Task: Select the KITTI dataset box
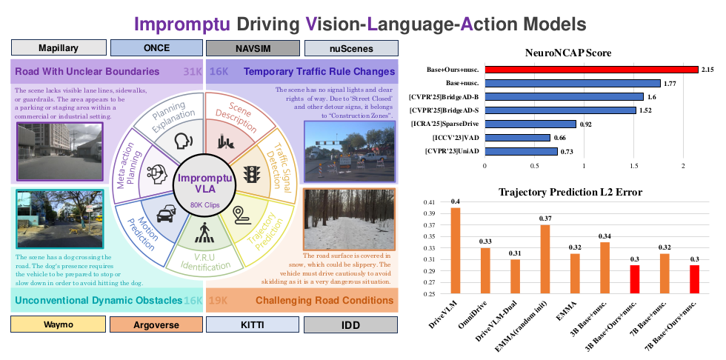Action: pyautogui.click(x=253, y=324)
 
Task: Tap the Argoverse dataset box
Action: pyautogui.click(x=156, y=324)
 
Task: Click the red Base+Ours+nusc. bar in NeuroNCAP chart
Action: pyautogui.click(x=591, y=70)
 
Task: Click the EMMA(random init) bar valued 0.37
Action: pyautogui.click(x=544, y=259)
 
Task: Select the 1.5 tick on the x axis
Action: pyautogui.click(x=633, y=166)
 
